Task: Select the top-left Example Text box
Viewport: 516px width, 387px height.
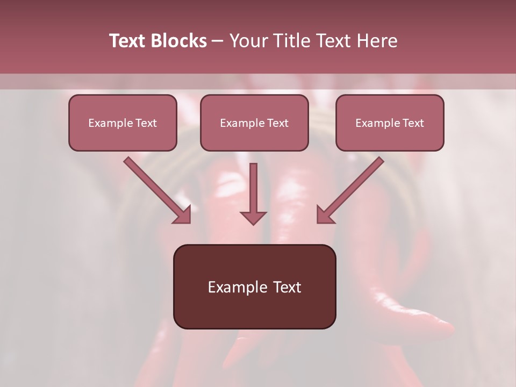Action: [x=123, y=123]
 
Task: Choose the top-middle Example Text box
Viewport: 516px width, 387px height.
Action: [x=254, y=123]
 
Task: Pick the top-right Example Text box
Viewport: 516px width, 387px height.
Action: [x=390, y=123]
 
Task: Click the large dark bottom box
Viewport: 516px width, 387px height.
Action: [x=254, y=286]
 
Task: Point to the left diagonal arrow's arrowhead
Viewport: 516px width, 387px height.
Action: [x=183, y=215]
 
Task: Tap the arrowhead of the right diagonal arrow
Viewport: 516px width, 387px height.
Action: [x=324, y=215]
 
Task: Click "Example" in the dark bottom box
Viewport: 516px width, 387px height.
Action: [x=235, y=287]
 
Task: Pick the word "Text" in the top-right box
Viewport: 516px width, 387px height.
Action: [x=413, y=123]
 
